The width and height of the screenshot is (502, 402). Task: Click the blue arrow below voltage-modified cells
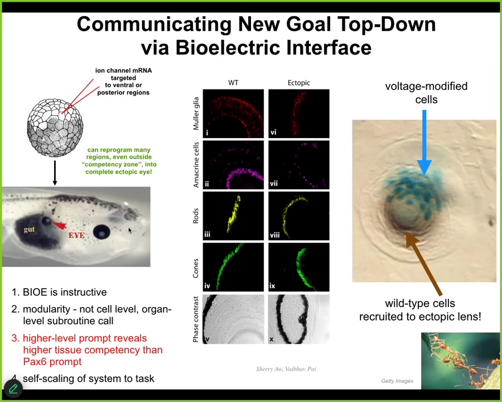point(424,142)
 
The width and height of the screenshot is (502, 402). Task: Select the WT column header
point(233,83)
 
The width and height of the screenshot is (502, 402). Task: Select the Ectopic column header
point(298,83)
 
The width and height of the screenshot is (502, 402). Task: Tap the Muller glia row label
point(196,113)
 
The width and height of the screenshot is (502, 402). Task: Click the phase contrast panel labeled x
point(298,318)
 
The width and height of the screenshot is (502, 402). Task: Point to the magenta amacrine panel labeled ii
point(233,165)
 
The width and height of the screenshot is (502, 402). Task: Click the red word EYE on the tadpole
point(76,236)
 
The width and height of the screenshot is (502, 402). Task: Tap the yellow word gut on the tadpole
point(29,229)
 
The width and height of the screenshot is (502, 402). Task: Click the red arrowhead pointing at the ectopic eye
point(59,225)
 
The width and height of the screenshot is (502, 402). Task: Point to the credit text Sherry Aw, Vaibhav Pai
point(286,369)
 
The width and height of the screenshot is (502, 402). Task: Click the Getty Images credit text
point(397,381)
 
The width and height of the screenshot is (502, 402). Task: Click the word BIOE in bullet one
point(35,292)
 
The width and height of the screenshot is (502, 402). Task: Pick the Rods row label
point(196,216)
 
